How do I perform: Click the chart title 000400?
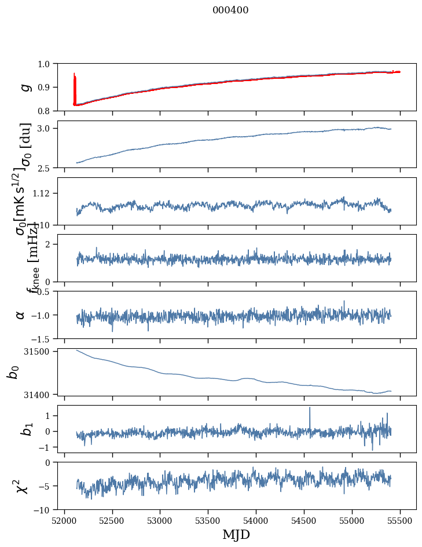click(x=230, y=10)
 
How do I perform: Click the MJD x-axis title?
click(x=236, y=535)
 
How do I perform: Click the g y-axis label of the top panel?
click(x=24, y=87)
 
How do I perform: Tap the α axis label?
click(x=20, y=315)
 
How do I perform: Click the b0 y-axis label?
click(x=13, y=371)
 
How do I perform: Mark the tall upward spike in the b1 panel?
click(x=310, y=409)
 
